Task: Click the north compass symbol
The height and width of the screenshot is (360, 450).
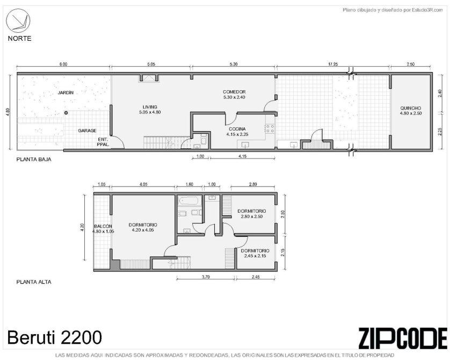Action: pyautogui.click(x=18, y=20)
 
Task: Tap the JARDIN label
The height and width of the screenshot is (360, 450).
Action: pyautogui.click(x=66, y=92)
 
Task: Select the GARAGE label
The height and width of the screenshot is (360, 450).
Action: pyautogui.click(x=87, y=131)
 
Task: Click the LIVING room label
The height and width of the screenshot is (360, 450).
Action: pyautogui.click(x=150, y=110)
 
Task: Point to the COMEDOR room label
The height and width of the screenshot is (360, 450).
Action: pyautogui.click(x=234, y=95)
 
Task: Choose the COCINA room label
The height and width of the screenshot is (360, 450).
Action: pyautogui.click(x=237, y=132)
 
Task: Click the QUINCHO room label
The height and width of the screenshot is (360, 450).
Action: pyautogui.click(x=411, y=111)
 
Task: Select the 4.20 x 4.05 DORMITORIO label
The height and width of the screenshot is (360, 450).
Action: pyautogui.click(x=143, y=227)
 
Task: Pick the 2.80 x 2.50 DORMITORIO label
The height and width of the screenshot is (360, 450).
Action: pyautogui.click(x=251, y=214)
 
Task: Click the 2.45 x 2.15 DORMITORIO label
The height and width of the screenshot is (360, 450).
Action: pyautogui.click(x=255, y=253)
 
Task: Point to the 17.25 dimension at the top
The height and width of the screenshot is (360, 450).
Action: pyautogui.click(x=333, y=64)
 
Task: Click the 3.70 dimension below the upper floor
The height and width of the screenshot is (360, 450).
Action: pyautogui.click(x=206, y=277)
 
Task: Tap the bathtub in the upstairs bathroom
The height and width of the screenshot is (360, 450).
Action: pyautogui.click(x=190, y=200)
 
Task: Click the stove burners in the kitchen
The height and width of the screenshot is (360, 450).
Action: pyautogui.click(x=270, y=128)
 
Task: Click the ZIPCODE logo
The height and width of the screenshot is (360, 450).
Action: pyautogui.click(x=403, y=338)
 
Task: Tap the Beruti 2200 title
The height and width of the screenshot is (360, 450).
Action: pyautogui.click(x=55, y=337)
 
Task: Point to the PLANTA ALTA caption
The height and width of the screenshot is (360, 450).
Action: pyautogui.click(x=34, y=282)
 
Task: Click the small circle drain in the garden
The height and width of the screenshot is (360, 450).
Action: pyautogui.click(x=66, y=113)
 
